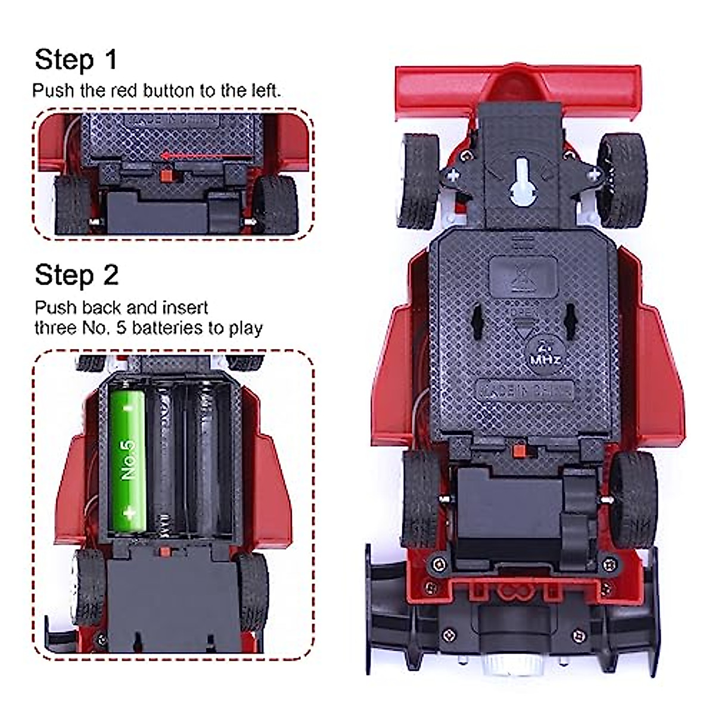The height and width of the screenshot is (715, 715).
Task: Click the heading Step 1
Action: (76, 60)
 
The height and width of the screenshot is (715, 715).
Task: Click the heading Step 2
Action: (76, 275)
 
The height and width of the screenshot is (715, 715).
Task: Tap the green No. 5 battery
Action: (128, 459)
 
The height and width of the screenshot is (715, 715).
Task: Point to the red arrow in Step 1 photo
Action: (206, 157)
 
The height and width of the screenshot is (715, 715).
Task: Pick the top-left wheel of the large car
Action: (421, 179)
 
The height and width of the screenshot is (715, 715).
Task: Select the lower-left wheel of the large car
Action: (422, 498)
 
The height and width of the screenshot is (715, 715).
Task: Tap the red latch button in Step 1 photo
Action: (167, 175)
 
